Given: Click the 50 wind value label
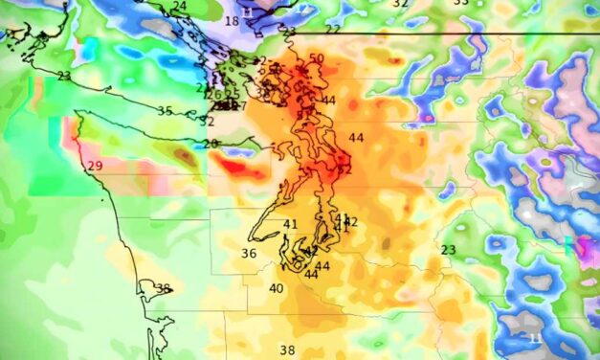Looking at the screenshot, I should tap(316, 58).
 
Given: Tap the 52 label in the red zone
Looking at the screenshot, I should tap(344, 169).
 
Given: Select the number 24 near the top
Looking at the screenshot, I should tap(180, 6).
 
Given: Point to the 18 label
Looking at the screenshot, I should tap(232, 21).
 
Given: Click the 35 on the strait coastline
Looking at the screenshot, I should tap(165, 111).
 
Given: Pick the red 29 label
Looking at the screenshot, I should tap(95, 167).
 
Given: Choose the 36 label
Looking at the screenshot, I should tap(249, 254).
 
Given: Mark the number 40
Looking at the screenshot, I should tap(277, 288).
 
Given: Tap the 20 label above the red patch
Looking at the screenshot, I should tap(211, 144).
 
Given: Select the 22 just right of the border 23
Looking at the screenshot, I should tap(332, 30).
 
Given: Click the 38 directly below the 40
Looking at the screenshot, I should tap(287, 350).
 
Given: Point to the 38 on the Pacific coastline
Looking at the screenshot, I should tap(163, 288).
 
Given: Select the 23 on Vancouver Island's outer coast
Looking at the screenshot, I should tap(64, 76).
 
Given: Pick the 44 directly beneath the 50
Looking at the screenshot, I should tap(328, 101).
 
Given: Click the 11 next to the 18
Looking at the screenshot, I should tap(249, 11).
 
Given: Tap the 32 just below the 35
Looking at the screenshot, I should tap(207, 122).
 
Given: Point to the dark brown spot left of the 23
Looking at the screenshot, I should tap(386, 245).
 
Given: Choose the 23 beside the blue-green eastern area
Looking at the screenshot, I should tap(448, 250).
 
